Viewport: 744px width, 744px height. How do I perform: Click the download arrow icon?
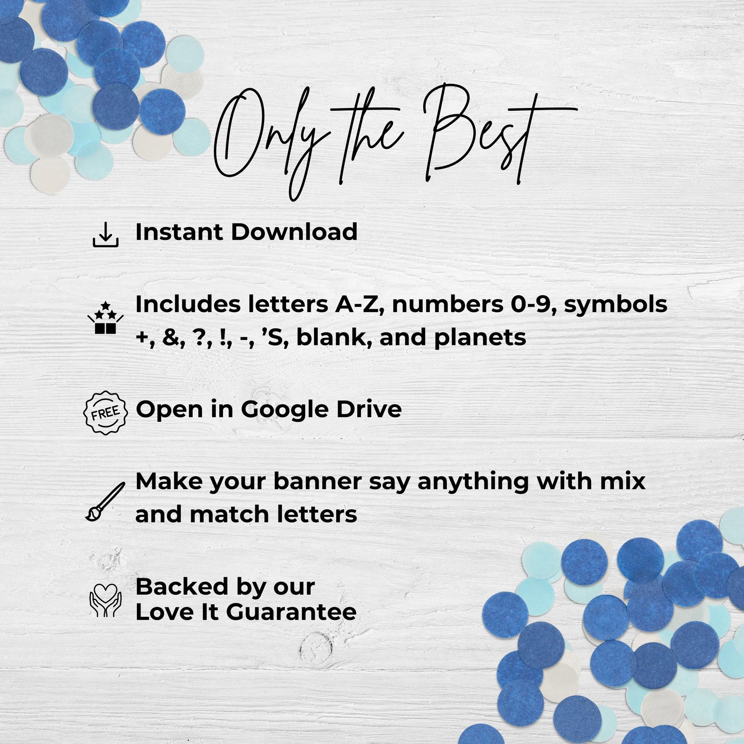point(106,234)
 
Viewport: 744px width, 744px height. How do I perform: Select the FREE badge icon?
point(106,413)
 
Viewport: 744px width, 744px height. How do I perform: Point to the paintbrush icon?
point(105,501)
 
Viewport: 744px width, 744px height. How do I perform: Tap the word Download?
point(294,232)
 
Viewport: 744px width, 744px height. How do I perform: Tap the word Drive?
point(369,409)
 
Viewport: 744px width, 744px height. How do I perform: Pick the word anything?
point(473,482)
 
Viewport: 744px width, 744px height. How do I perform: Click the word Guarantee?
point(291,612)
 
